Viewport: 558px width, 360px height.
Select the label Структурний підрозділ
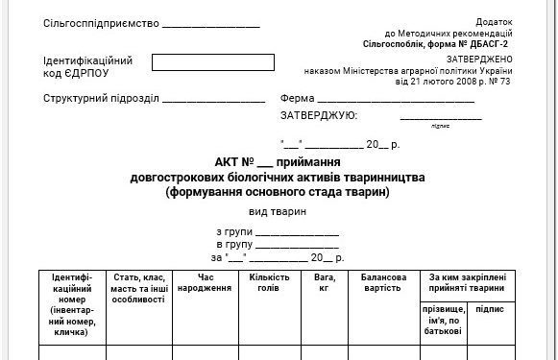pos(101,99)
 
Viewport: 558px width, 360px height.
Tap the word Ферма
pos(296,99)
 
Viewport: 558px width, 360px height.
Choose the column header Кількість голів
pos(269,283)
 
